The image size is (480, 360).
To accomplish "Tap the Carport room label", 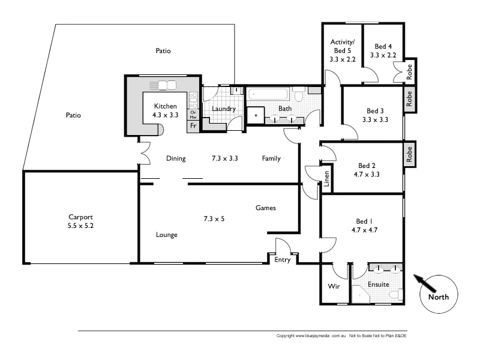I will (80, 218).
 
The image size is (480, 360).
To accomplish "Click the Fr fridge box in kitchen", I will (193, 126).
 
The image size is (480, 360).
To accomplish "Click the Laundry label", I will (224, 109).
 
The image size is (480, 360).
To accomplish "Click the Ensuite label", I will (378, 284).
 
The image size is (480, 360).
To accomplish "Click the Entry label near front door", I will (283, 260).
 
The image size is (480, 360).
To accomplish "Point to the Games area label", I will (266, 208).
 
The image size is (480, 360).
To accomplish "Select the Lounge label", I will (166, 235).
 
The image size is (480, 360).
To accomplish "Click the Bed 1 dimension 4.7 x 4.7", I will (364, 229).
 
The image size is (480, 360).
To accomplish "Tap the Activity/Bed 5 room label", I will (343, 50).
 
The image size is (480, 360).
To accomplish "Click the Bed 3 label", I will (375, 111).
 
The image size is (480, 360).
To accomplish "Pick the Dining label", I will (176, 159).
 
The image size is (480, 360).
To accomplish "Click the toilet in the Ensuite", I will (394, 295).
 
